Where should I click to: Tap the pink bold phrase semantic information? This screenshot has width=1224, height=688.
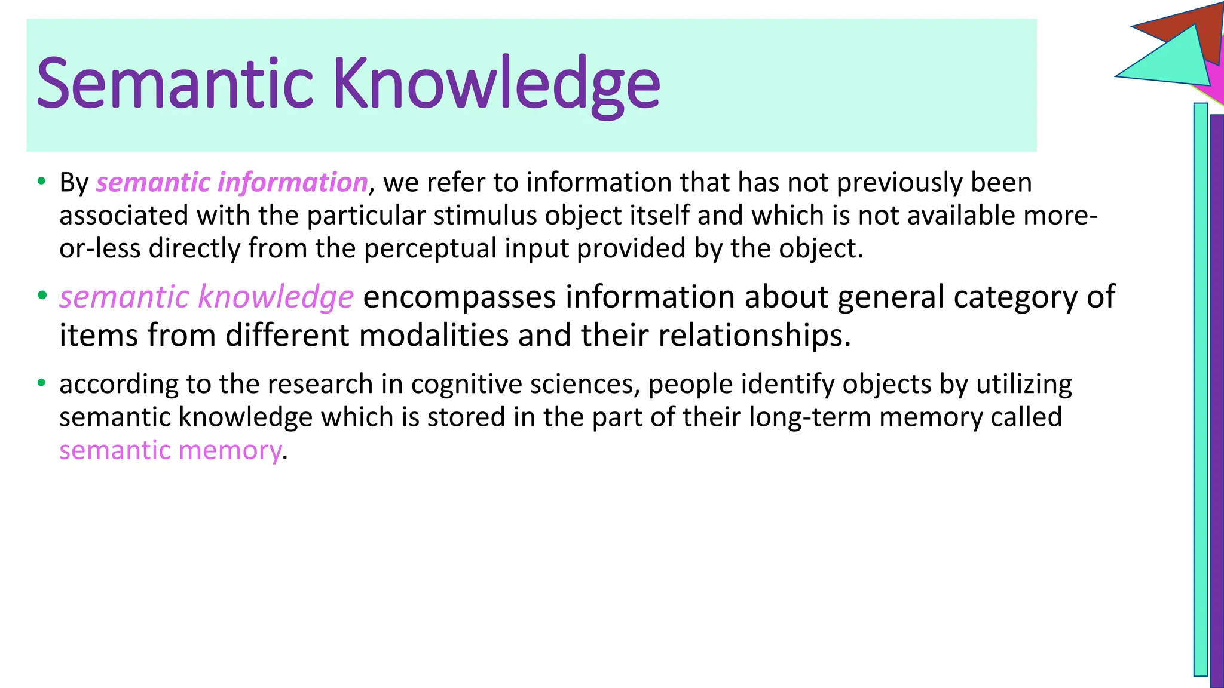point(231,182)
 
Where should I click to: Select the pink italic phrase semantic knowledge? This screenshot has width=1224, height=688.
point(206,297)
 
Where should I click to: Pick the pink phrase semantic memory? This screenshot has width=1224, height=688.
point(170,450)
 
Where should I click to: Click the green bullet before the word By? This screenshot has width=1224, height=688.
point(41,181)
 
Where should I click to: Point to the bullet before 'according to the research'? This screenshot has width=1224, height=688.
point(41,383)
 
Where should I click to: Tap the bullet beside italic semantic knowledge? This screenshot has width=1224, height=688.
point(41,296)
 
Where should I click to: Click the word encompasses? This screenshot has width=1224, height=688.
point(459,297)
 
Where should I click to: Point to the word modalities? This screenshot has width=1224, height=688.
point(433,335)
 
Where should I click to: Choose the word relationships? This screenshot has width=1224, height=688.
point(754,335)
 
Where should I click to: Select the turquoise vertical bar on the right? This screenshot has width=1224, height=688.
point(1200,388)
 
